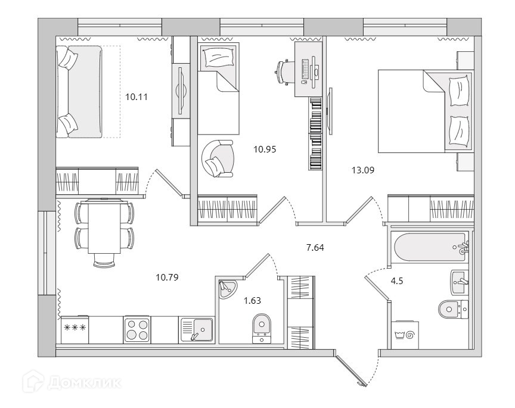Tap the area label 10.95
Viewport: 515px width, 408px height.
tap(265, 150)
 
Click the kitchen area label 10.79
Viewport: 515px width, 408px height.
tap(167, 277)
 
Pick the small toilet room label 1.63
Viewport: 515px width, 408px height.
tap(253, 301)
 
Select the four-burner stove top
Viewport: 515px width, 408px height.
tap(138, 328)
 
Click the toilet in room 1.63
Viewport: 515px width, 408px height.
tap(260, 327)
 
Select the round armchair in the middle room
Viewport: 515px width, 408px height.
tap(217, 158)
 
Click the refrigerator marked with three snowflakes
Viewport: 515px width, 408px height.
tap(75, 329)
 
